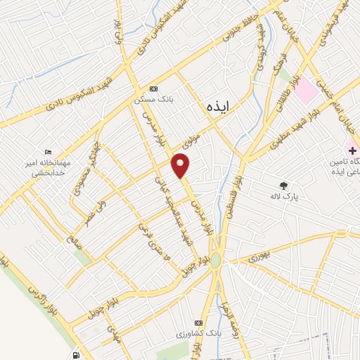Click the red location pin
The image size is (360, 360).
point(181,166)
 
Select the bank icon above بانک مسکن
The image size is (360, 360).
point(153,89)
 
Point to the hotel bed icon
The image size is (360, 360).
point(47,153)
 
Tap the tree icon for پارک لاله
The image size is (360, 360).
point(283,186)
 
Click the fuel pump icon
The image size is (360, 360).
point(76,356)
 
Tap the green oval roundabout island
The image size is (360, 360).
point(214,260)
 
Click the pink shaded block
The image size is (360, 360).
point(306,90)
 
